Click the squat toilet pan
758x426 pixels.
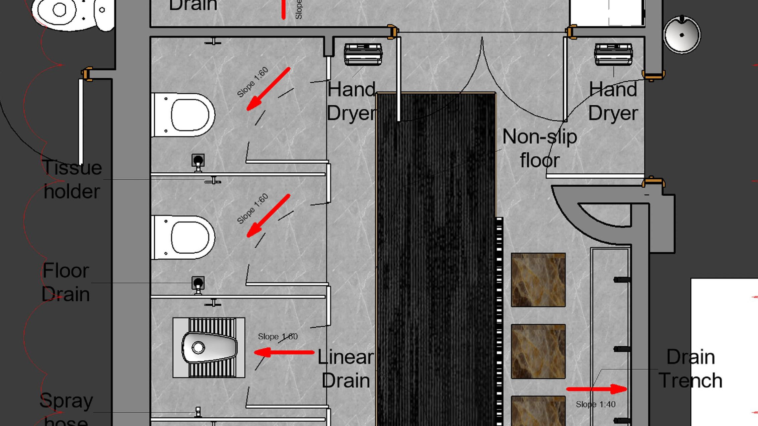click(209, 348)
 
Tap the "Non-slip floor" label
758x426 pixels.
click(540, 148)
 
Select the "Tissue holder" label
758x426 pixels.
click(72, 179)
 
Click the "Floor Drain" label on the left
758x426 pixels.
click(66, 282)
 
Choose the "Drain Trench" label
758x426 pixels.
click(690, 369)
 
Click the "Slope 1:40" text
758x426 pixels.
click(595, 404)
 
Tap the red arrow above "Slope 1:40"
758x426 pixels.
click(596, 389)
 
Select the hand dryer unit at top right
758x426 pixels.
click(613, 54)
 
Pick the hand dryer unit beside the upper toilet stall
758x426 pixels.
click(363, 54)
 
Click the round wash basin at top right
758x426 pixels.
click(682, 35)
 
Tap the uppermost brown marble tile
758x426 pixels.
click(538, 280)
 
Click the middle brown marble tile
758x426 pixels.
click(538, 351)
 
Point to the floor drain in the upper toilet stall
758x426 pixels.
click(198, 160)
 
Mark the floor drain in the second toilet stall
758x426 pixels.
click(198, 283)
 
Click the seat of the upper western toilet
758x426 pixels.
click(190, 115)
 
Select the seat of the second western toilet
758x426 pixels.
click(190, 237)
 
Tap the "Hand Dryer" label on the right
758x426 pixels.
click(613, 101)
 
